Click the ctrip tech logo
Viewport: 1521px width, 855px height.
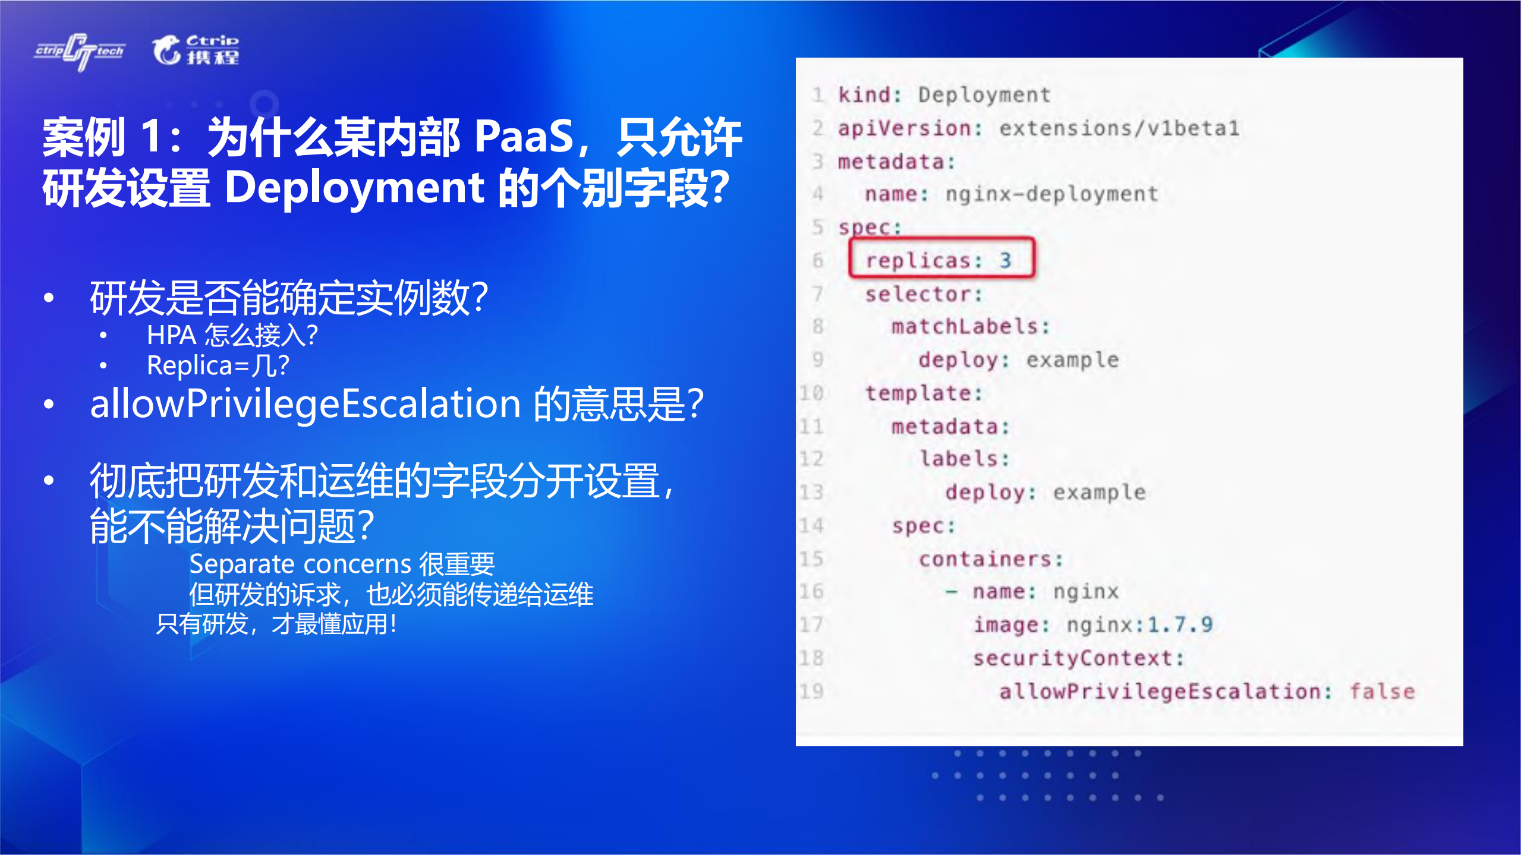80,52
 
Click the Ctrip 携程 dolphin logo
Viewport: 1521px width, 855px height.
196,50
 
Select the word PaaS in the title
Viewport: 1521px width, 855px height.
524,137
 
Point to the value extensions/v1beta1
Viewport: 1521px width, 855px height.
1119,128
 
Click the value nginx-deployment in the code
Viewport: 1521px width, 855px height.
1051,194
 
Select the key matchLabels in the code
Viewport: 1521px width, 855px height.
969,326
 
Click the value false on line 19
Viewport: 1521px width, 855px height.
1382,692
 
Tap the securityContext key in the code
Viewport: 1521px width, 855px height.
1078,658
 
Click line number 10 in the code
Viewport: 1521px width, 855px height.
811,393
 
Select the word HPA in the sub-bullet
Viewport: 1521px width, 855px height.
171,336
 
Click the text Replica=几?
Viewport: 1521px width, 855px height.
218,365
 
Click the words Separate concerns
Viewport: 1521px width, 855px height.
300,564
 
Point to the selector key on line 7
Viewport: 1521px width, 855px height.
923,294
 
